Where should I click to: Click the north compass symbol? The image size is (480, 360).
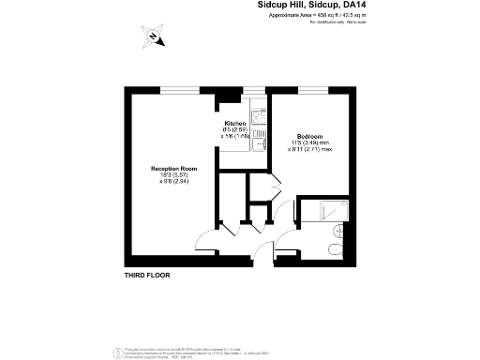point(153,37)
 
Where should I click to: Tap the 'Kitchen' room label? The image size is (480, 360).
point(234,124)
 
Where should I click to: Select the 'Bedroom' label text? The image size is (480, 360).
point(310,136)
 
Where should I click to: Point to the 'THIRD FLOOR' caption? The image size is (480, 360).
point(148,277)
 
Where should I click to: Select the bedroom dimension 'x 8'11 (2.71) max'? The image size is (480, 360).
point(310,149)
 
